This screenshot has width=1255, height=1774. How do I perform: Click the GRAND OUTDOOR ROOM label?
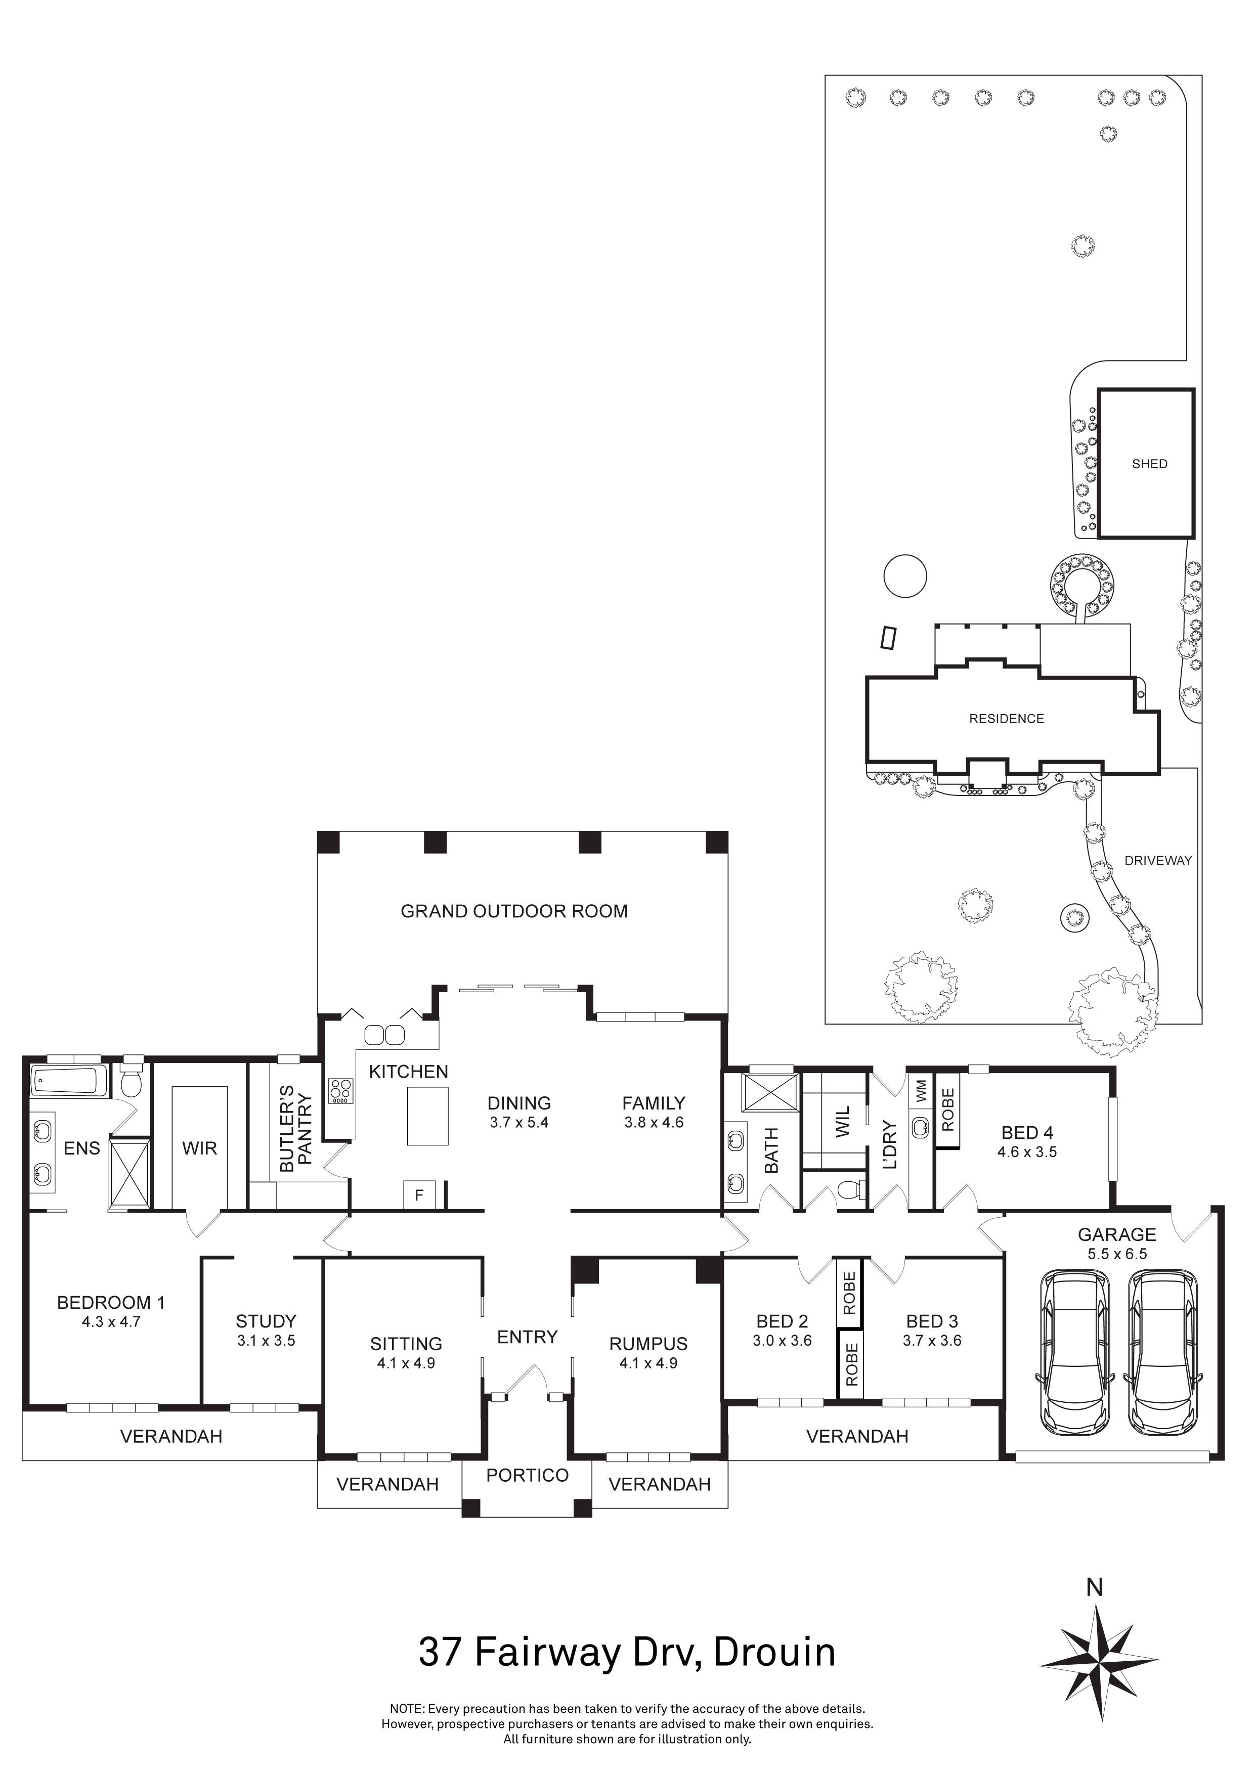click(x=514, y=912)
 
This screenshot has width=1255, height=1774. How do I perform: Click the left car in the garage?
click(x=1076, y=1346)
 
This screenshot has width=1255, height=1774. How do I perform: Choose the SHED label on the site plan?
click(x=1149, y=464)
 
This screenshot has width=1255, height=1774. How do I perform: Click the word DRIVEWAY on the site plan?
click(x=1158, y=861)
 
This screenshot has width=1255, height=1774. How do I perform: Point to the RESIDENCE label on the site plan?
click(x=1006, y=719)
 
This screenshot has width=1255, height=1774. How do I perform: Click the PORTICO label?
click(x=527, y=1475)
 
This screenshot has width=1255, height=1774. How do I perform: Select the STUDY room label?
click(x=266, y=1321)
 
